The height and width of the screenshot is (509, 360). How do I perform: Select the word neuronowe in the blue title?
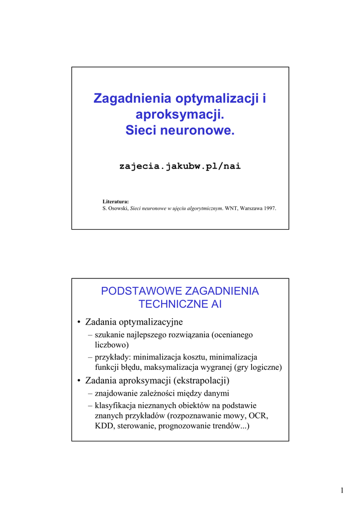tap(201, 131)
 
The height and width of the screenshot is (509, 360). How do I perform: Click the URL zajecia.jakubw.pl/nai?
tap(180, 166)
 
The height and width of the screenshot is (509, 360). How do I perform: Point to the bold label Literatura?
tap(116, 201)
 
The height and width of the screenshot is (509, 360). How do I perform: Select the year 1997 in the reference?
tap(269, 208)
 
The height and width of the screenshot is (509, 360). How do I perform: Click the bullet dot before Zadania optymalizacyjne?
tap(79, 322)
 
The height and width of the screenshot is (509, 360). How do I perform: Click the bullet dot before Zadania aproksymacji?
tap(79, 381)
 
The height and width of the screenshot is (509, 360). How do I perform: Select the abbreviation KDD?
tap(104, 426)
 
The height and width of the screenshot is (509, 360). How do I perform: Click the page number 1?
tap(342, 491)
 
